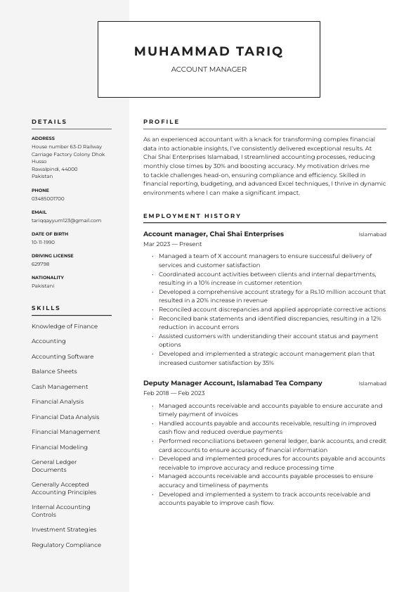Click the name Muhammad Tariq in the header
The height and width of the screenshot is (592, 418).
pyautogui.click(x=209, y=51)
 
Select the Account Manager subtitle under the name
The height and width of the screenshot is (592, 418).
pyautogui.click(x=209, y=70)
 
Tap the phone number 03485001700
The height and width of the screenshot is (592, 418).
pyautogui.click(x=48, y=199)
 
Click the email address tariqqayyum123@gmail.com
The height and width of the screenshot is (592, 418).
pyautogui.click(x=66, y=220)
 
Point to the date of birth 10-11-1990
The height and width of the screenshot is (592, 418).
pyautogui.click(x=43, y=242)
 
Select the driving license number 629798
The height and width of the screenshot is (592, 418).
pyautogui.click(x=40, y=264)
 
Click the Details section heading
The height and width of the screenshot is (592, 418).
pyautogui.click(x=49, y=122)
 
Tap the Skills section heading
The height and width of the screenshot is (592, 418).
pyautogui.click(x=46, y=308)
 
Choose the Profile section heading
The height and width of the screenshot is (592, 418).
pyautogui.click(x=162, y=122)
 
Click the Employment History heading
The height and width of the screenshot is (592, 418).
pyautogui.click(x=192, y=216)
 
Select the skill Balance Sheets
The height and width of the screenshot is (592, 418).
pyautogui.click(x=54, y=371)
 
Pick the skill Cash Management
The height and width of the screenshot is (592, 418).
pyautogui.click(x=60, y=387)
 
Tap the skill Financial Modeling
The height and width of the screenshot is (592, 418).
pyautogui.click(x=60, y=447)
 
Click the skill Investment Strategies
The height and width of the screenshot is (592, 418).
pyautogui.click(x=64, y=529)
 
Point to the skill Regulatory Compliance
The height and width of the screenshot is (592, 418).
pyautogui.click(x=66, y=545)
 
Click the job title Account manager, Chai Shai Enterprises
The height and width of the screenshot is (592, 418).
pyautogui.click(x=214, y=234)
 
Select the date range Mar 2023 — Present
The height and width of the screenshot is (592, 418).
pyautogui.click(x=172, y=244)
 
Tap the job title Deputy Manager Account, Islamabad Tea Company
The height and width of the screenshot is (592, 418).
pyautogui.click(x=233, y=383)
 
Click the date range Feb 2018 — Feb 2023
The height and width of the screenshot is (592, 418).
pyautogui.click(x=174, y=393)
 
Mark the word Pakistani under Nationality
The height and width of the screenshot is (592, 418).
pyautogui.click(x=43, y=285)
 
